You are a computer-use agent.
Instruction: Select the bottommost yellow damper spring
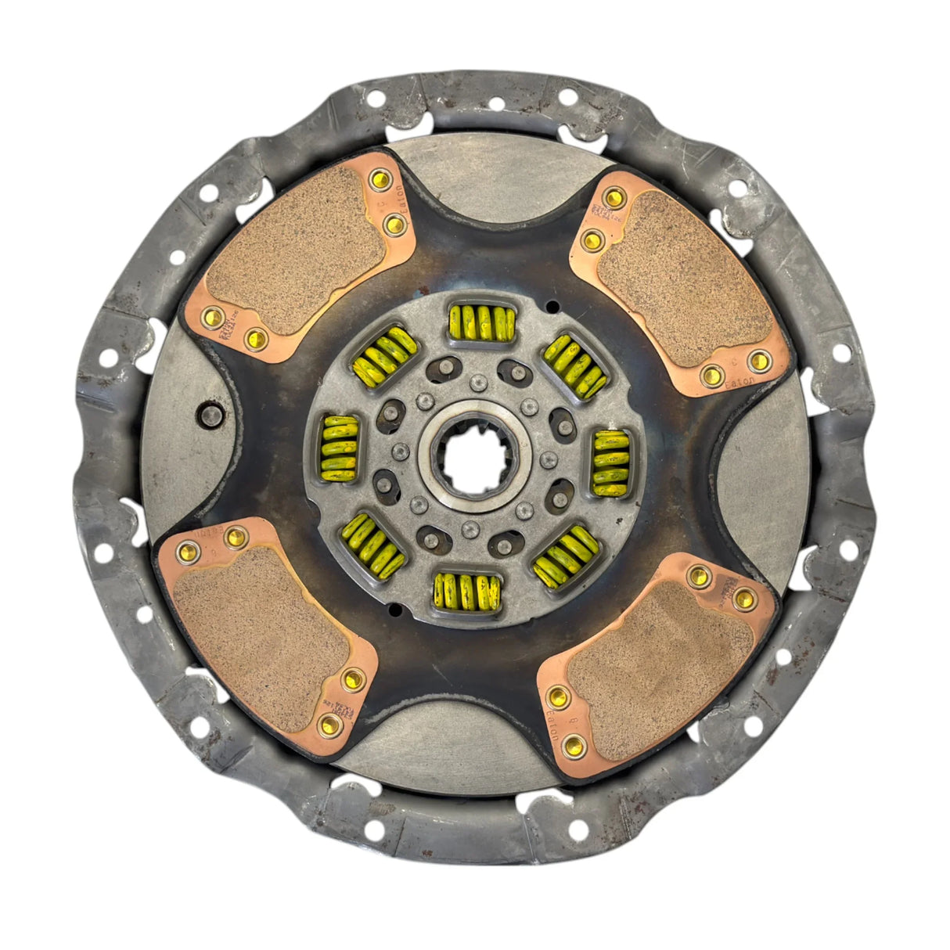click(467, 589)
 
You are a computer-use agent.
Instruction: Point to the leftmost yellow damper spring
click(340, 448)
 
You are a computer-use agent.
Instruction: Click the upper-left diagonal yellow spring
click(384, 358)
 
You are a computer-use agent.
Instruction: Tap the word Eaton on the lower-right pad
click(551, 724)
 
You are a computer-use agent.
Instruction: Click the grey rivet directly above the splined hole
click(475, 382)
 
